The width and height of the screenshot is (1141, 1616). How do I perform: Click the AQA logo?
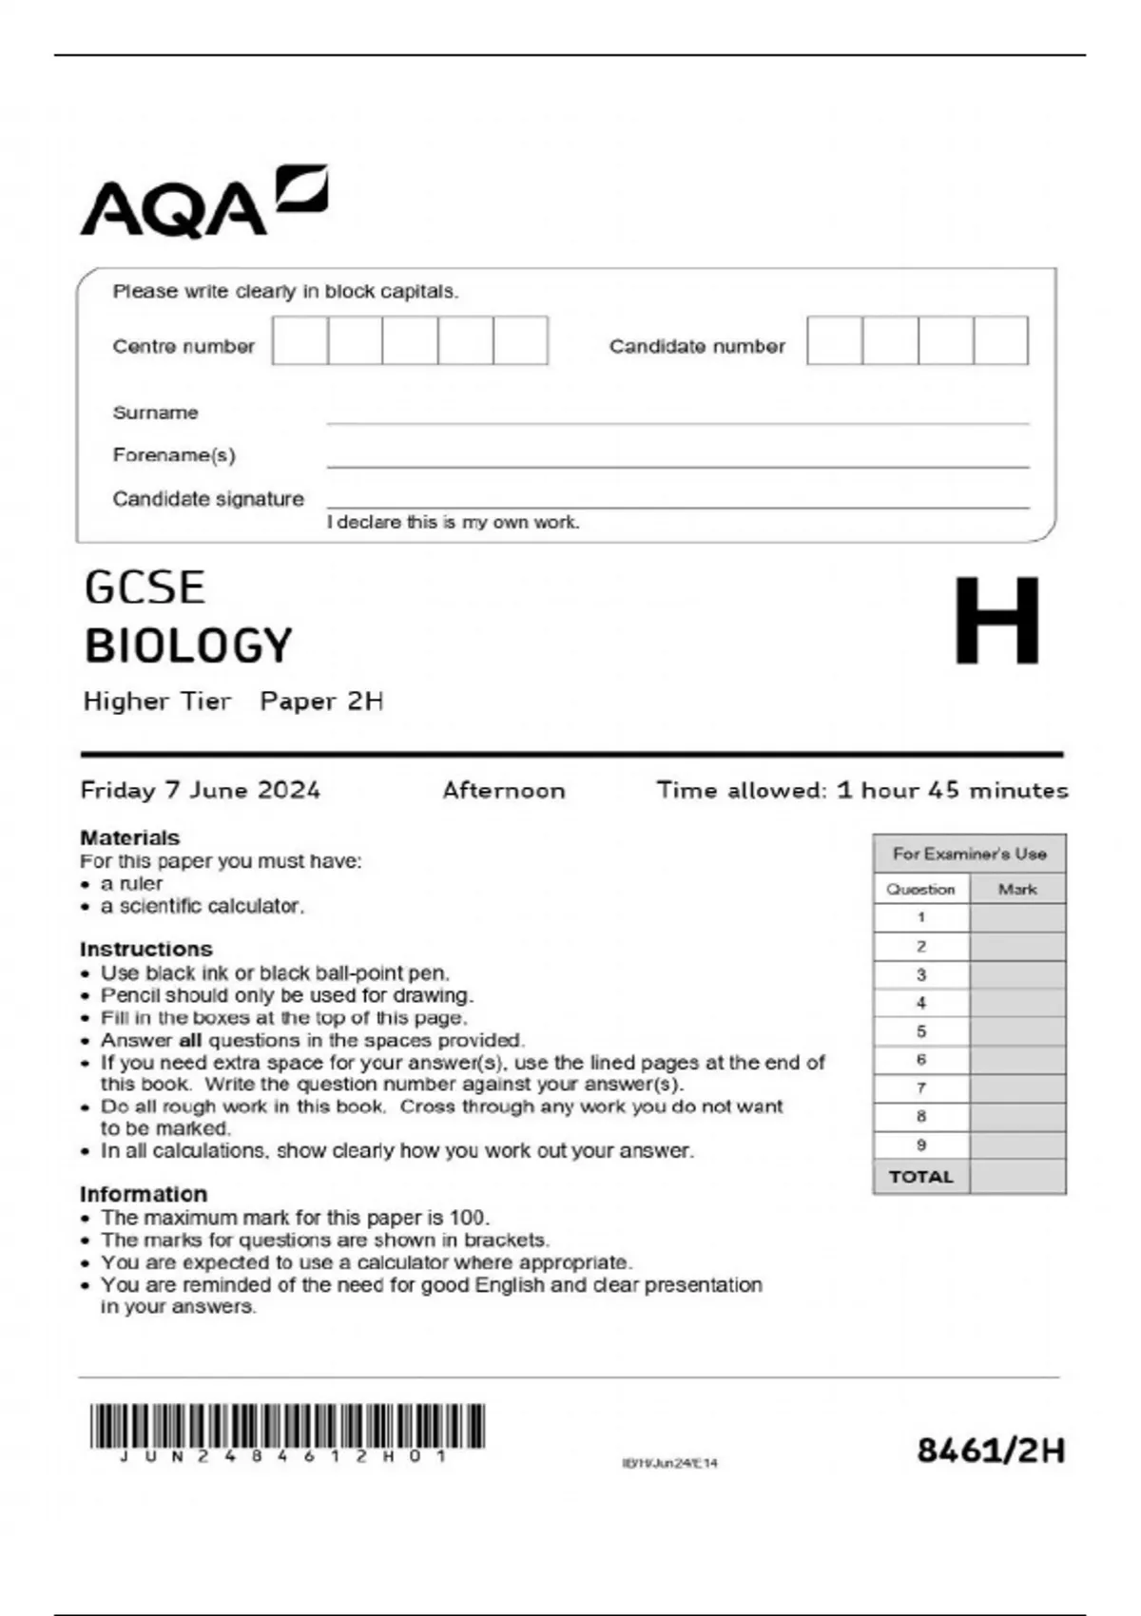(203, 202)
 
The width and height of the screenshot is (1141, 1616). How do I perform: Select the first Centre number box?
(300, 340)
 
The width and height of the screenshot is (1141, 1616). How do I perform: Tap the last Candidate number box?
(1000, 340)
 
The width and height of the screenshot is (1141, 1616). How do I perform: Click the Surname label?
(155, 413)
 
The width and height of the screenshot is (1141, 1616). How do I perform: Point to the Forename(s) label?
(174, 454)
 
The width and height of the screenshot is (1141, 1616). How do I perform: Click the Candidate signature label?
(208, 498)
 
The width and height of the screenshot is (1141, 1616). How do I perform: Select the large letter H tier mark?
(996, 621)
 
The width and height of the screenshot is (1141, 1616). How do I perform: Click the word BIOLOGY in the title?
(188, 645)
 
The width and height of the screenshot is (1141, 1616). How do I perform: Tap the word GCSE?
(145, 587)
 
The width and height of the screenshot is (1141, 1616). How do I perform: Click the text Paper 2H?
(321, 702)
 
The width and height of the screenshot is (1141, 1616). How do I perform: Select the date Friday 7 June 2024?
(200, 790)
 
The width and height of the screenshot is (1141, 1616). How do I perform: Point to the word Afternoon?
(503, 790)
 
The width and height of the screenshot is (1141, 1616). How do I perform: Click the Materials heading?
(129, 837)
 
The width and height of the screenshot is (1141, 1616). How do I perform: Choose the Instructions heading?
(145, 949)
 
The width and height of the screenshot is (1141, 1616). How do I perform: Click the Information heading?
(143, 1194)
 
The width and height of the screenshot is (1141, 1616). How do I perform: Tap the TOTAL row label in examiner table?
(920, 1177)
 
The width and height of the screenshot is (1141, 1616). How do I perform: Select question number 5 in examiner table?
(920, 1031)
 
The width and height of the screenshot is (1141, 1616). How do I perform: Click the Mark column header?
(1016, 889)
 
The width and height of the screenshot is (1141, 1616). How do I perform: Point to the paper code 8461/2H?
(990, 1451)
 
